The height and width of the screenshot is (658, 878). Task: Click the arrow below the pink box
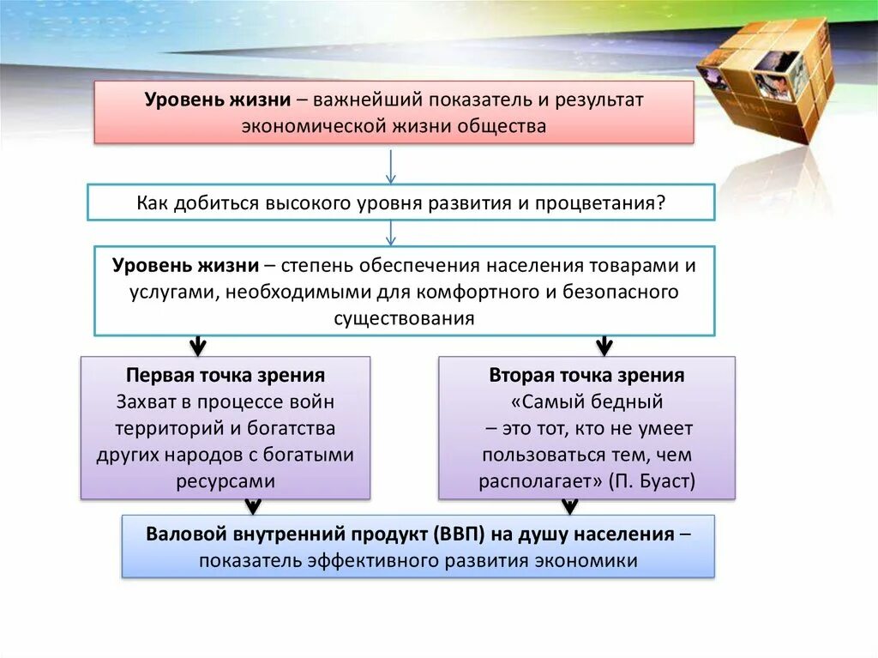pyautogui.click(x=391, y=166)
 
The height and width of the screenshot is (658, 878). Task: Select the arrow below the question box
pyautogui.click(x=391, y=232)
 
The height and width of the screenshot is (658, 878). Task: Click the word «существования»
pyautogui.click(x=404, y=318)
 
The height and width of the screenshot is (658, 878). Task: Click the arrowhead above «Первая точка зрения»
pyautogui.click(x=198, y=346)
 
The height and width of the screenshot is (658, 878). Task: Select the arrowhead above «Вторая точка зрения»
pyautogui.click(x=604, y=346)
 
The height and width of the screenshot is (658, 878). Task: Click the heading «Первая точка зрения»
pyautogui.click(x=226, y=375)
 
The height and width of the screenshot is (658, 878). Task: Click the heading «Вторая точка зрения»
pyautogui.click(x=586, y=375)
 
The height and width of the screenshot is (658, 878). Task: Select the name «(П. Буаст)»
pyautogui.click(x=652, y=481)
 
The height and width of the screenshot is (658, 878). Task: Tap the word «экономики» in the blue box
pyautogui.click(x=586, y=561)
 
